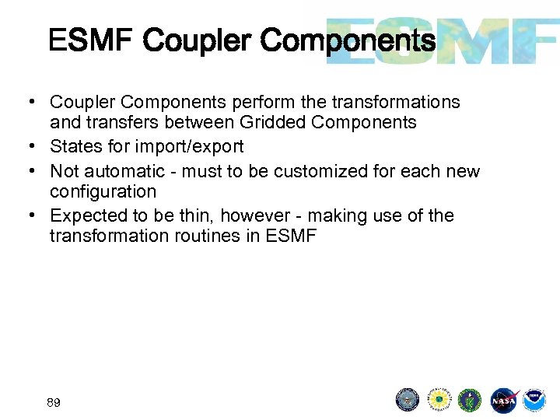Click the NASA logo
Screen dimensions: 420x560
503,400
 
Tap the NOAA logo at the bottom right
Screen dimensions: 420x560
534,400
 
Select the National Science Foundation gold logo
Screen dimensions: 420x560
439,400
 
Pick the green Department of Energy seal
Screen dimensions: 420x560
470,400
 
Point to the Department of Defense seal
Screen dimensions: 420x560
408,400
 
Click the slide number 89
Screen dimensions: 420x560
54,402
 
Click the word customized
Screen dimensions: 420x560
330,171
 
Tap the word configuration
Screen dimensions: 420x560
103,191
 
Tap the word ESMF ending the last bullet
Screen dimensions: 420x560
291,236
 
